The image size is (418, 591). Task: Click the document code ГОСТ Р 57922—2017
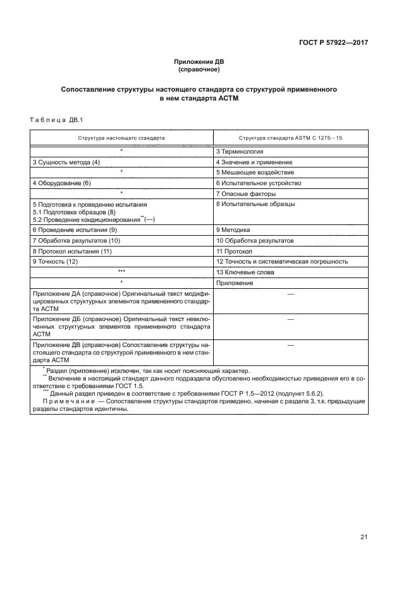pos(333,42)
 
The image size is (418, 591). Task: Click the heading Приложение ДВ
pos(199,61)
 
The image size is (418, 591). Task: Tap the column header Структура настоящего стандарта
pos(121,137)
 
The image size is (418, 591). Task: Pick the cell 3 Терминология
pos(240,151)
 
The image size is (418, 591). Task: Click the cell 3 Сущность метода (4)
pos(66,162)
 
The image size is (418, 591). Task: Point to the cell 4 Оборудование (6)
pos(62,183)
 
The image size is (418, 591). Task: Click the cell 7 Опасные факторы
pos(245,193)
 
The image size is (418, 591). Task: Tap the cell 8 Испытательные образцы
pos(255,204)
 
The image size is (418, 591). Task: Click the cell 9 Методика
pos(233,230)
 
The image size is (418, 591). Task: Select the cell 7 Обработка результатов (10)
pos(76,241)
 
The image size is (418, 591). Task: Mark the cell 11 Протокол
pos(234,251)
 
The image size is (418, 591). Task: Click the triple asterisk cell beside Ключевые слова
pos(121,272)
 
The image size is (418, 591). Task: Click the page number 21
pos(364,537)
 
